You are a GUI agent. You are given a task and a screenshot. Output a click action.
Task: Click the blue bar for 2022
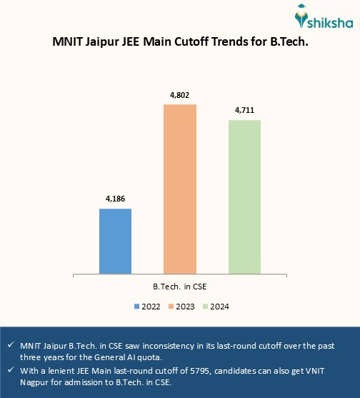tap(115, 240)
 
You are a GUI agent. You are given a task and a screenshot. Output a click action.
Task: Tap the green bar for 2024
tap(244, 196)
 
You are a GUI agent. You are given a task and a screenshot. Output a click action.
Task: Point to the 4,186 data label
tap(115, 199)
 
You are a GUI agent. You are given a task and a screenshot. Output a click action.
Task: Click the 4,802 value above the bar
tap(180, 95)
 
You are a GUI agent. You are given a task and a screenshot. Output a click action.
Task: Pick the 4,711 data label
tap(244, 110)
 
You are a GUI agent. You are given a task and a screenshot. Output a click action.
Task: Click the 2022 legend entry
tap(146, 307)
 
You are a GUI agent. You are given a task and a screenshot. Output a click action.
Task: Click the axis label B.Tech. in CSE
tap(180, 287)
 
